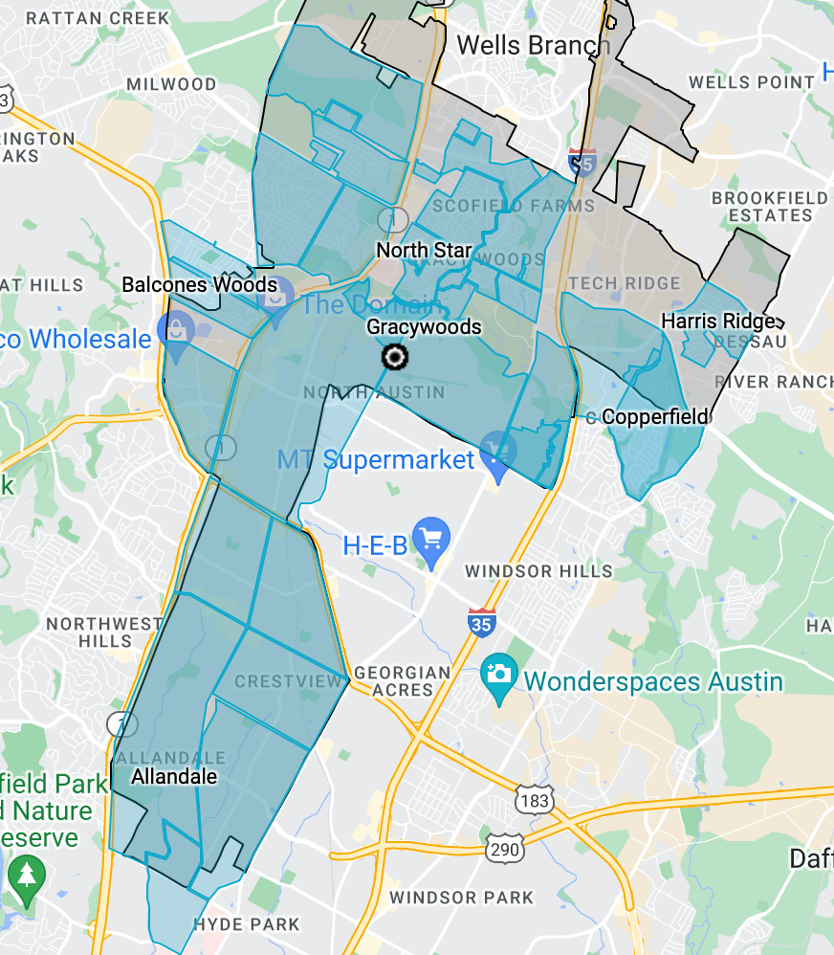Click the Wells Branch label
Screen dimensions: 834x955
point(533,44)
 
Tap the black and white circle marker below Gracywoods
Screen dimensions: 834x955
point(394,358)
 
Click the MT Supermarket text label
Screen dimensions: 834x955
point(376,460)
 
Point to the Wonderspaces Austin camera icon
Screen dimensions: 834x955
point(498,675)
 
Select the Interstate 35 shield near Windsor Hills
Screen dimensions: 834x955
point(481,623)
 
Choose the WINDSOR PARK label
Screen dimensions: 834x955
point(461,898)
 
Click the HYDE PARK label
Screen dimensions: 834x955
point(247,924)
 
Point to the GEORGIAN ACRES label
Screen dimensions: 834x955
point(403,681)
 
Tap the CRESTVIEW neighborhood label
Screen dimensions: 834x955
point(288,681)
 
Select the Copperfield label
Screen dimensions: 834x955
point(655,416)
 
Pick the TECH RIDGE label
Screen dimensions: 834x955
point(624,283)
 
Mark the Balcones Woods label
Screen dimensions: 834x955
point(200,284)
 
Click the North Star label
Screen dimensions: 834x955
point(424,251)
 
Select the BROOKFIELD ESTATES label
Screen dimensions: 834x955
point(770,207)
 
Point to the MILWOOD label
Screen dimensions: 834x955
point(171,84)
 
